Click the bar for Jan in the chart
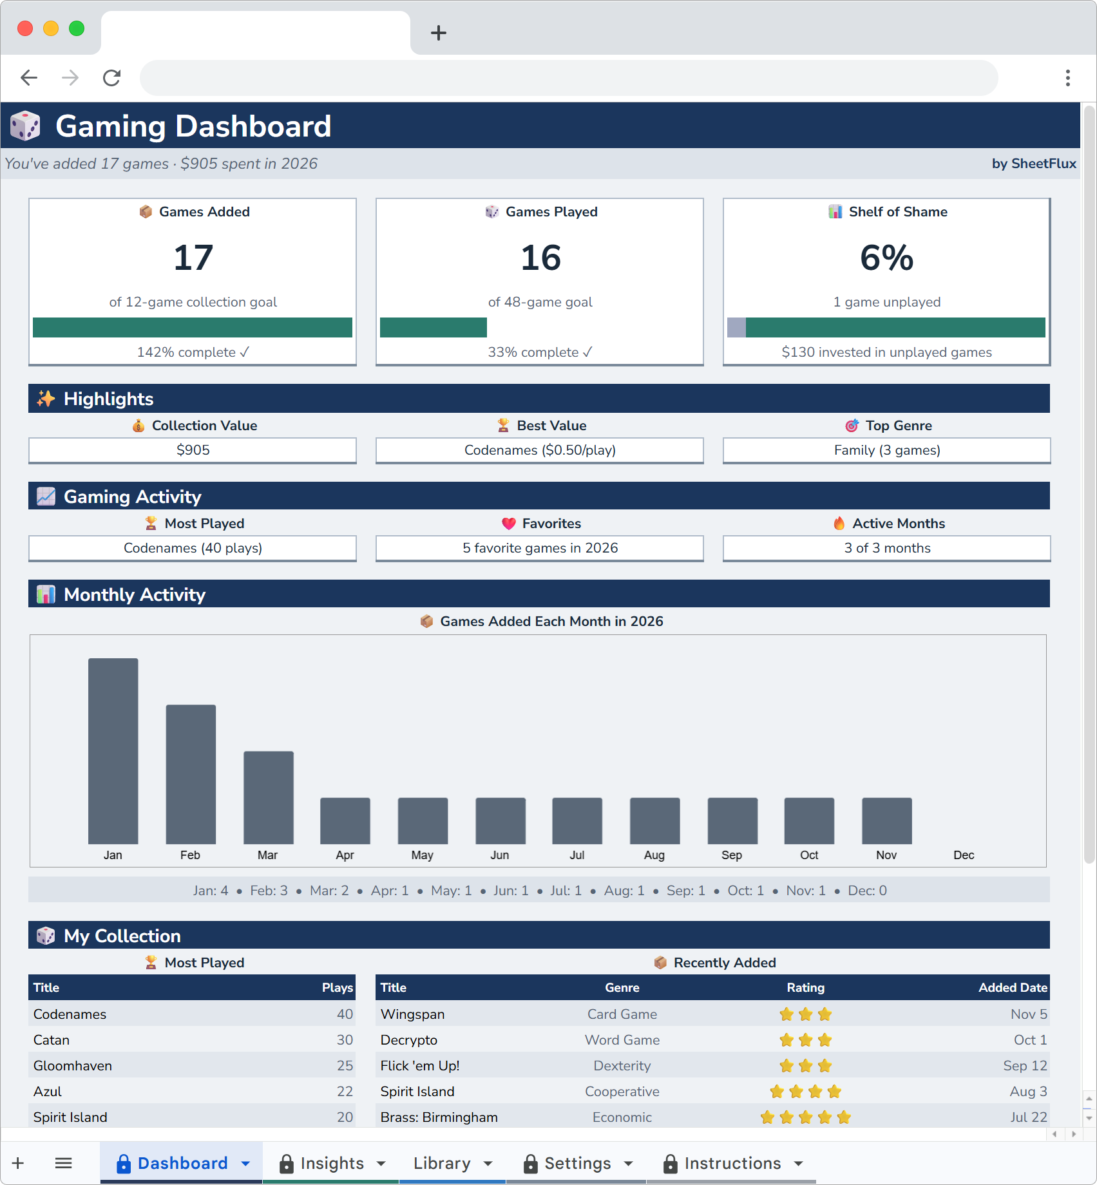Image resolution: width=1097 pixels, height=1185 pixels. (113, 750)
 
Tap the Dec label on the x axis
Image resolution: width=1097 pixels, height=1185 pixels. (963, 855)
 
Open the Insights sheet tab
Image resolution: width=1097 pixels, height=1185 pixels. (331, 1163)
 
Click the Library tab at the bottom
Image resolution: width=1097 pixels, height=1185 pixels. (442, 1163)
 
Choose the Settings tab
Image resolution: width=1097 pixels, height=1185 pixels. (577, 1163)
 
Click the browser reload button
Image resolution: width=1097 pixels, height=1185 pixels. (112, 78)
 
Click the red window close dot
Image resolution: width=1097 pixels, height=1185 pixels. (25, 28)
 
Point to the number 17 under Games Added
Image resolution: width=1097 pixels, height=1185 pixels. (193, 258)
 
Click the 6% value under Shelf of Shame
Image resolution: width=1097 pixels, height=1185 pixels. (886, 258)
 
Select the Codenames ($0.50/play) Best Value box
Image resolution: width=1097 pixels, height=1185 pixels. (539, 450)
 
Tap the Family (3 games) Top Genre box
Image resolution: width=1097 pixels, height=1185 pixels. (886, 450)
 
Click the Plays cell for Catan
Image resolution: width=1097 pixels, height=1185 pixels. (344, 1039)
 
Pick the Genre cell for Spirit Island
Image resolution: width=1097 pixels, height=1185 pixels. (622, 1091)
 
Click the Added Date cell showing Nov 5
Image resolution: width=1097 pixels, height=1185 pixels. (1028, 1014)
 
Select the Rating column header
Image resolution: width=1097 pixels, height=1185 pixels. (805, 987)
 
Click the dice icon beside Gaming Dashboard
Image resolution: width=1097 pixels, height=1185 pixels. (26, 126)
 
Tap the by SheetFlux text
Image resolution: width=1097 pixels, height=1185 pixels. (1033, 164)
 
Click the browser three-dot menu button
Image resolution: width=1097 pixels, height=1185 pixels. (1067, 78)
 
